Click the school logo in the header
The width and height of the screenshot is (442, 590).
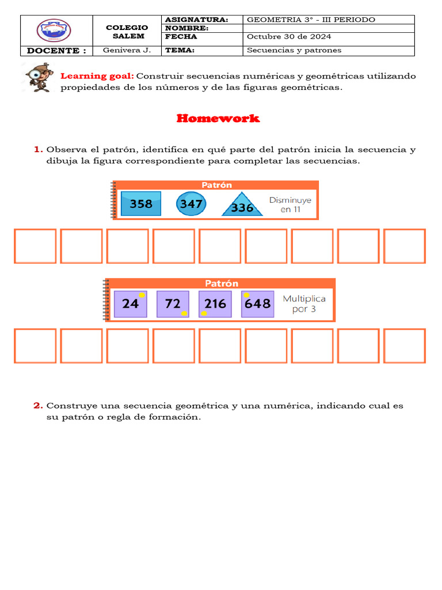54,31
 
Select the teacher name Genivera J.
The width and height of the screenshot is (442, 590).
127,50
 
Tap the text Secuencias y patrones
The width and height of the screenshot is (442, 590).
294,50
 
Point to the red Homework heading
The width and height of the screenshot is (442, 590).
218,119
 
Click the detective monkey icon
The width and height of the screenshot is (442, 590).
40,78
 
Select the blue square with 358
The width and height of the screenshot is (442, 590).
141,204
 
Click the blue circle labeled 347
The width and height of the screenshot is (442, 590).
190,204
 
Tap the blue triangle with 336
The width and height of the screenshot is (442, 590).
242,206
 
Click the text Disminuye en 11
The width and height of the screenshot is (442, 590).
291,205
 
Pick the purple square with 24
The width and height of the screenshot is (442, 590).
131,304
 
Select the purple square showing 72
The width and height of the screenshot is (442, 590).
173,304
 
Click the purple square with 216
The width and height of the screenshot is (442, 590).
215,304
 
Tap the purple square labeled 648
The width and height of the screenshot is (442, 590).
257,304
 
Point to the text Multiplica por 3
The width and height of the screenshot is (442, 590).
304,304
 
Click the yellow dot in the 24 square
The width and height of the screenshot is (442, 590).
142,295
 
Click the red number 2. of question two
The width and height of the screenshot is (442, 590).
38,406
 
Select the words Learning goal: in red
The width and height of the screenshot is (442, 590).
97,76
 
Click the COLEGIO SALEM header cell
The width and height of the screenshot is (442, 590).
127,31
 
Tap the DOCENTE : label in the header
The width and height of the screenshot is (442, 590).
56,50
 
